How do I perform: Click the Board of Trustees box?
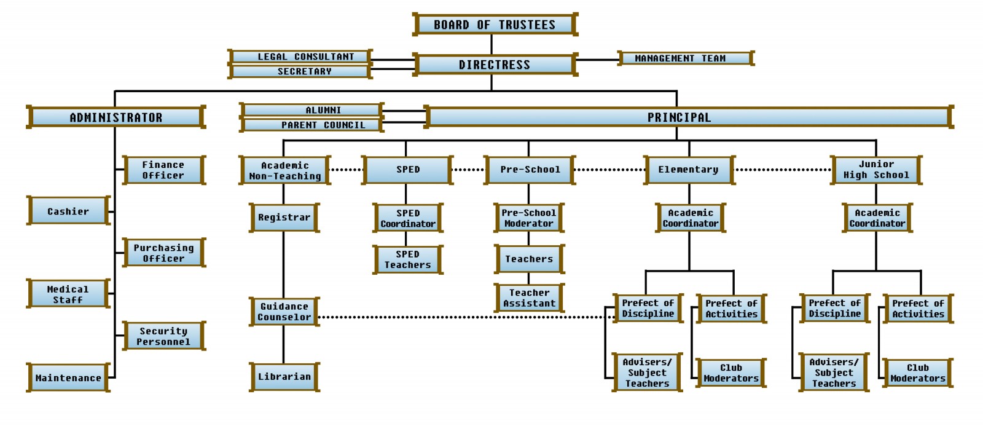click(495, 25)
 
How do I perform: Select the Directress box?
click(495, 65)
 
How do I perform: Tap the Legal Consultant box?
click(300, 57)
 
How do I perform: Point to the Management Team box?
click(685, 58)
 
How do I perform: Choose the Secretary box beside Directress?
click(300, 71)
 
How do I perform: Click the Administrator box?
click(116, 117)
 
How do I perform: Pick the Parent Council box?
click(311, 125)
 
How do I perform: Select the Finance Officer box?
click(163, 170)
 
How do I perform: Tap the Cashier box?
click(68, 211)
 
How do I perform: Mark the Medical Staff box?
click(68, 294)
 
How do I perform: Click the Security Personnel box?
click(163, 336)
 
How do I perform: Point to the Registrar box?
click(284, 218)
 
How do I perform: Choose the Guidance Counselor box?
click(284, 312)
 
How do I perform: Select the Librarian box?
click(284, 377)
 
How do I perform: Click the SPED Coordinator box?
click(408, 218)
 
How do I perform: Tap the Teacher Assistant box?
click(529, 298)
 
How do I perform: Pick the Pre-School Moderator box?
click(529, 218)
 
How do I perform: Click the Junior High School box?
click(876, 170)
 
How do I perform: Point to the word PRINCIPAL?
click(679, 117)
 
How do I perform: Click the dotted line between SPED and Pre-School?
click(469, 170)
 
